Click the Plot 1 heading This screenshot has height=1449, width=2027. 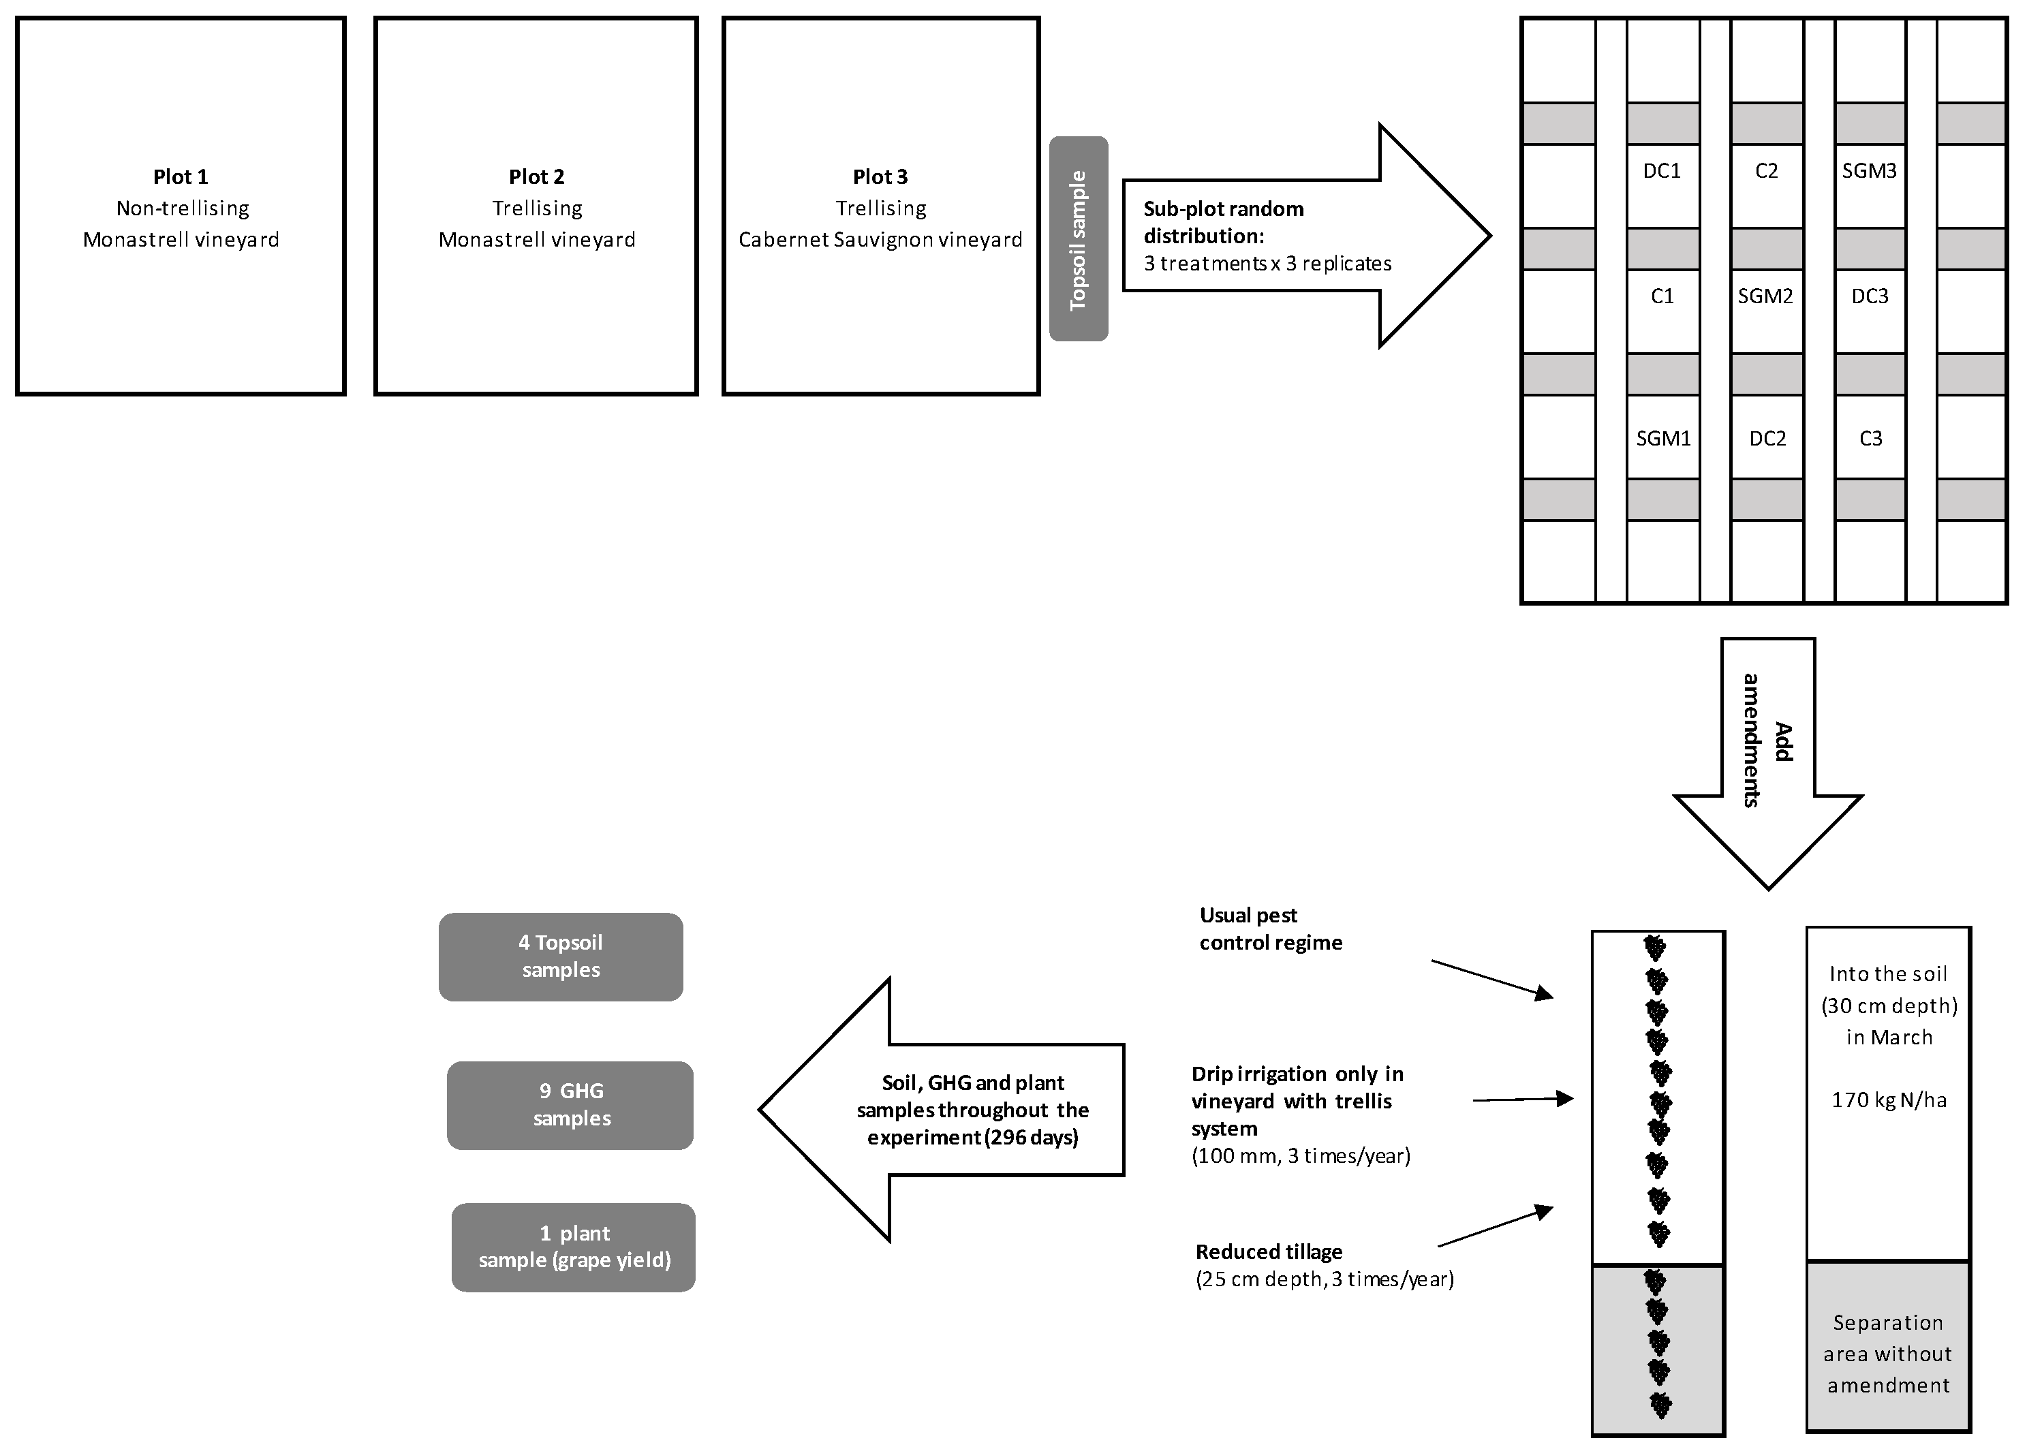(181, 176)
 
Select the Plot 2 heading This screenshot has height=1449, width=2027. (536, 176)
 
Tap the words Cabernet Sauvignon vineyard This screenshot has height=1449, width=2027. (880, 240)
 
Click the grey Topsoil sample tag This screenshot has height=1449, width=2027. (1078, 239)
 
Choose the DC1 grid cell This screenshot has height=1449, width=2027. (1662, 171)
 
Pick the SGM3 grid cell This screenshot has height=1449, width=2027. (1869, 171)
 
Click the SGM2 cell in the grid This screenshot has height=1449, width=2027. (1765, 296)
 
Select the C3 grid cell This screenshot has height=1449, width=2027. (1870, 439)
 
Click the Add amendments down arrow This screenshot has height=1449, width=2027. (1767, 758)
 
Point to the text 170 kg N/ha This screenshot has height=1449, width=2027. (1889, 1100)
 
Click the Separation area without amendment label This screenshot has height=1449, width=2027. (1888, 1354)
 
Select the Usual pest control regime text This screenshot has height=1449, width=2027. (1271, 929)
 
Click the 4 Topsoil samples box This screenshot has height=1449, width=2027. (560, 956)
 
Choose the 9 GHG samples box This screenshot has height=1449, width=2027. (570, 1104)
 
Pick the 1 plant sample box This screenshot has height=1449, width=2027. (574, 1247)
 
